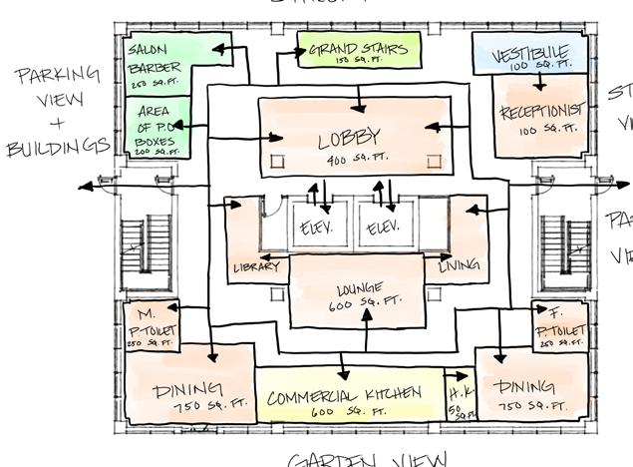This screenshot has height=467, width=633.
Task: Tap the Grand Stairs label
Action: [360, 51]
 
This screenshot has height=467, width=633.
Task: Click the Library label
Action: [255, 266]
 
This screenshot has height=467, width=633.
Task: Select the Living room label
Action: [459, 265]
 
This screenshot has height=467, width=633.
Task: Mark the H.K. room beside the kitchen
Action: [460, 400]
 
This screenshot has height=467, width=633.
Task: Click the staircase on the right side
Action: [574, 244]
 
